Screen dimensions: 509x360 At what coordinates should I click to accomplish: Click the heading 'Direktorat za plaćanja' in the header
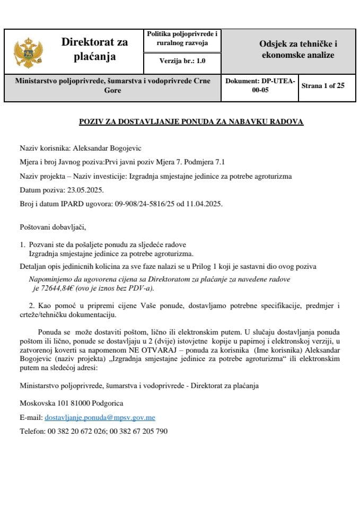point(95,49)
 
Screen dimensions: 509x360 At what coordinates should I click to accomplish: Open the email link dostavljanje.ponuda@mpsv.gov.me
point(100,417)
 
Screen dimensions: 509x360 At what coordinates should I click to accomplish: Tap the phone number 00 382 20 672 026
point(76,431)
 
